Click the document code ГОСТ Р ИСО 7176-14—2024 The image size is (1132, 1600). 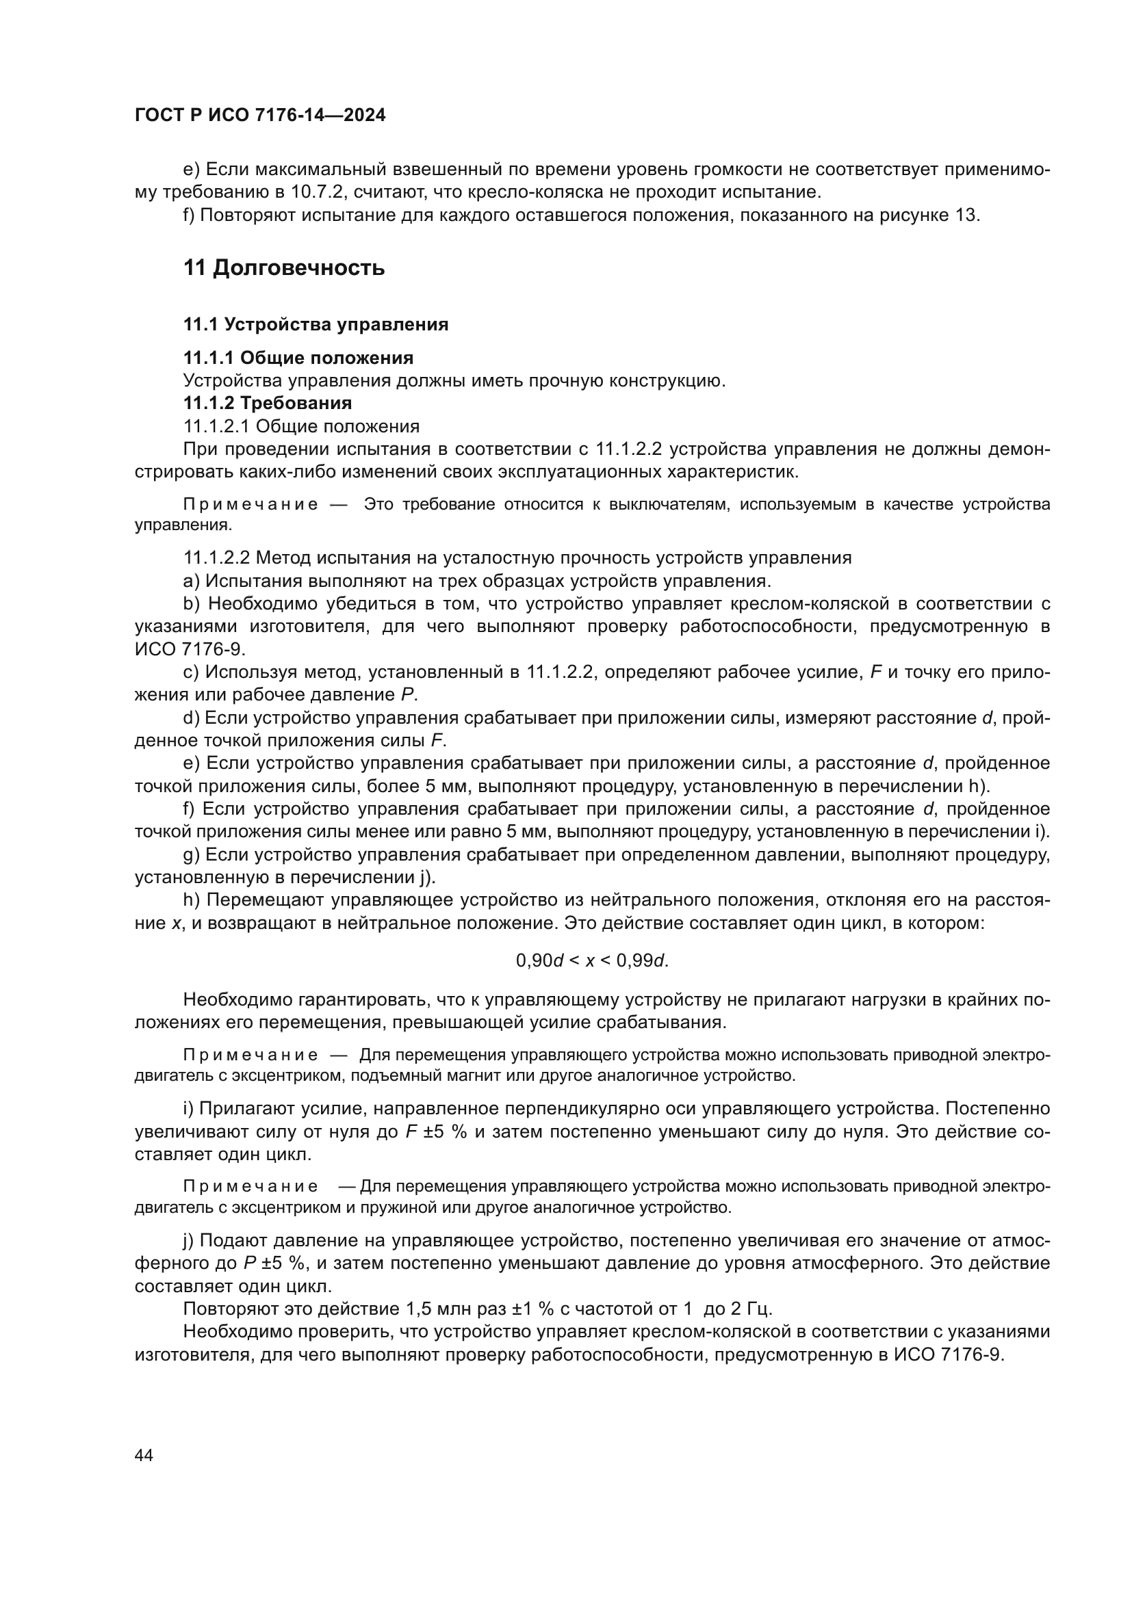point(260,116)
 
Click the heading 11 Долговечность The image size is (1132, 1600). point(284,267)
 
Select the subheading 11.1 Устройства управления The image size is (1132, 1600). point(315,325)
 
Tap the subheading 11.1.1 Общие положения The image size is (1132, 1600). point(298,358)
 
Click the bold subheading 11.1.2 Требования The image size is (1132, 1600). point(267,404)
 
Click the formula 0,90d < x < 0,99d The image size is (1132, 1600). point(592,961)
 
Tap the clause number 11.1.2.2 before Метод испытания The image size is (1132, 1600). point(218,558)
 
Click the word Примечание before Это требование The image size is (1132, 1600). point(250,505)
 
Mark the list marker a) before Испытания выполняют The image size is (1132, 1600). point(191,581)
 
